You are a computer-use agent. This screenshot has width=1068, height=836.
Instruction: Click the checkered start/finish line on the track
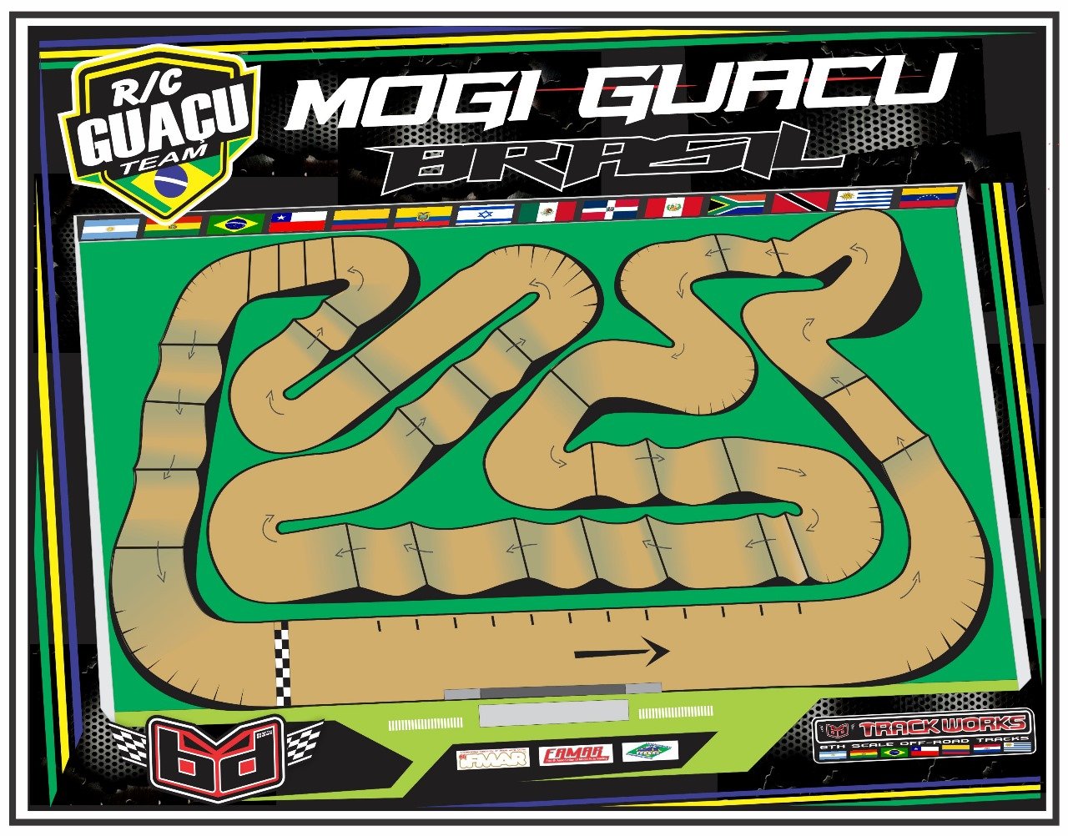click(x=283, y=664)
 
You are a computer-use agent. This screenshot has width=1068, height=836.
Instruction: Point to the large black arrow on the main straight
click(x=622, y=652)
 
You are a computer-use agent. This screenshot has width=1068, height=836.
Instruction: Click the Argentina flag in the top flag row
click(x=110, y=228)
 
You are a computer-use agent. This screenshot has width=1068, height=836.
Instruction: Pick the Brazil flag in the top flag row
click(x=236, y=224)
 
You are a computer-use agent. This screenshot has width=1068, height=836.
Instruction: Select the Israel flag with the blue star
click(x=485, y=214)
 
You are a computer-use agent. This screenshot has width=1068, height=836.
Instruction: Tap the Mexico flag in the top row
click(x=547, y=211)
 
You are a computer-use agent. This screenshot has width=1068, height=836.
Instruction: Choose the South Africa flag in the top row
click(x=737, y=204)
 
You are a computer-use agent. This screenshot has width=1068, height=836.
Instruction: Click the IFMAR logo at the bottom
click(x=492, y=758)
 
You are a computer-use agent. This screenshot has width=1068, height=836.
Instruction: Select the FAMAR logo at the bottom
click(x=576, y=755)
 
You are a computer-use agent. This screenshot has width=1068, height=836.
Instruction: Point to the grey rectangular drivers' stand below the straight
click(x=553, y=713)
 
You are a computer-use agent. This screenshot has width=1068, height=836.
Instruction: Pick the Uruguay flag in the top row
click(x=864, y=199)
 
